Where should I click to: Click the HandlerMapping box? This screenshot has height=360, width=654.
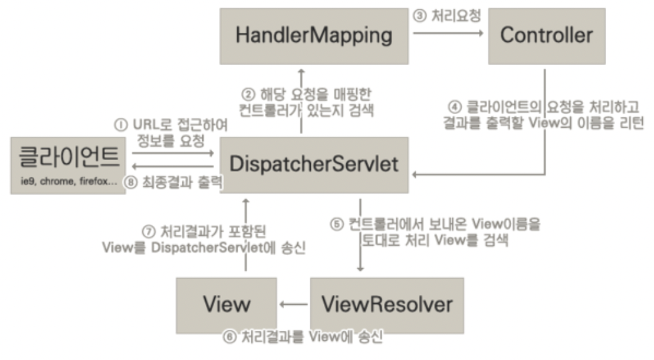point(313,35)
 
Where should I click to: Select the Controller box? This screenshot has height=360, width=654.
point(546,35)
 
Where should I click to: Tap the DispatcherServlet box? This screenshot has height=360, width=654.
point(313,164)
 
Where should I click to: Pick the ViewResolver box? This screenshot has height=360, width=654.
point(386,305)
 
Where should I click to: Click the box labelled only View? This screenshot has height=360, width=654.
point(226,305)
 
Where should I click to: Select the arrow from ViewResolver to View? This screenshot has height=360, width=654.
point(293,305)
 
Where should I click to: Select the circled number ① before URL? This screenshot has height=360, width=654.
point(120,125)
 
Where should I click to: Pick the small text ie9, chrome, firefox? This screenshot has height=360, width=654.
point(68,183)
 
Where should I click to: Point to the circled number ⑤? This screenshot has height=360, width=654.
point(336,224)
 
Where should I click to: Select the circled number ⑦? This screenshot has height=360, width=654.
point(148,230)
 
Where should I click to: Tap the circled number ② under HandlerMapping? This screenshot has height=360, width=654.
point(247,97)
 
